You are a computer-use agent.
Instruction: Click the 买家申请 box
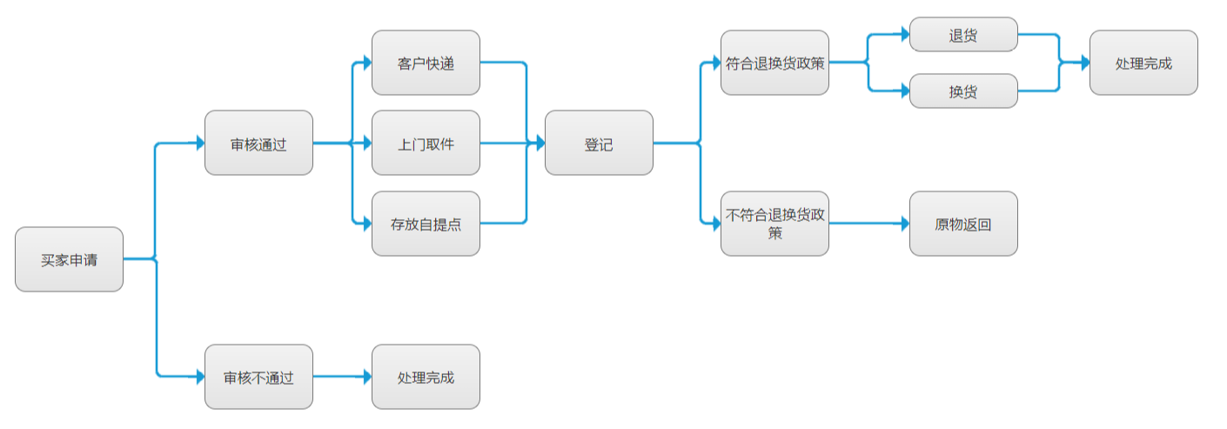point(69,259)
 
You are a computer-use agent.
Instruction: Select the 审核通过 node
point(258,143)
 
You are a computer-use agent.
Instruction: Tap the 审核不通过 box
point(258,377)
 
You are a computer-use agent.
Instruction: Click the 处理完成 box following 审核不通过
point(426,377)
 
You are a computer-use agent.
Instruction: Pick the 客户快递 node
point(426,63)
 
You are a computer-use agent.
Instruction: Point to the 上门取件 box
point(426,143)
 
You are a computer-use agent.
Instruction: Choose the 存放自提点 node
point(426,224)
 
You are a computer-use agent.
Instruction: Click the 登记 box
point(599,143)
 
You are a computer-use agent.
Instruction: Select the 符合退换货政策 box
point(774,63)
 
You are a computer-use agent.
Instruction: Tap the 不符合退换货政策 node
point(774,224)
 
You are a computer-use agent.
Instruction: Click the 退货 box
point(963,35)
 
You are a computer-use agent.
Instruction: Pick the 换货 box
point(963,90)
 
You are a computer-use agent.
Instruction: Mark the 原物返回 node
point(963,224)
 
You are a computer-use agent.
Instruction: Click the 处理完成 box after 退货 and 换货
point(1143,63)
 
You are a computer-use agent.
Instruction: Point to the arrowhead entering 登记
point(540,143)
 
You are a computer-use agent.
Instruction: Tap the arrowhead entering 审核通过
point(199,143)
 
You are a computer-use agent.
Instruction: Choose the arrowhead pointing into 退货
point(904,35)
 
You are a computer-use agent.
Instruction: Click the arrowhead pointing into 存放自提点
point(366,224)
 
